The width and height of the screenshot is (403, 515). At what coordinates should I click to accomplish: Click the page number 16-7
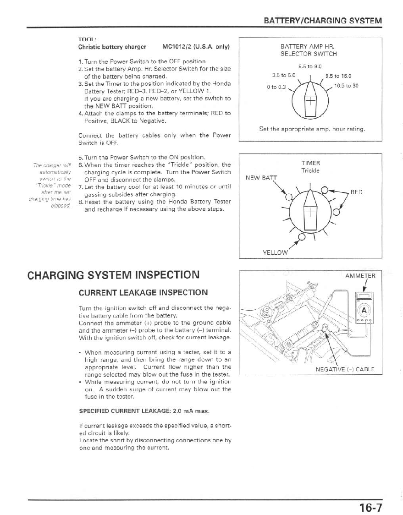tap(370, 507)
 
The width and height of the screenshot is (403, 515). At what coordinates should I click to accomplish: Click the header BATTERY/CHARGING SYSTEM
tap(323, 21)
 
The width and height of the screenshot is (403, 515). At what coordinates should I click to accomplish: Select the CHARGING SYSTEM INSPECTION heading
tap(113, 275)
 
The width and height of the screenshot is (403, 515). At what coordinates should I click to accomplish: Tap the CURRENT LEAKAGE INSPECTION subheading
tap(143, 292)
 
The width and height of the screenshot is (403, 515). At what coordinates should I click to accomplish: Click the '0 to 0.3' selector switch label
tap(276, 87)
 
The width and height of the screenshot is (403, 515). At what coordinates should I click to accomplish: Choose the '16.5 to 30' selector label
tap(346, 86)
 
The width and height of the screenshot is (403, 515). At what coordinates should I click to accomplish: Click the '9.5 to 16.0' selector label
tap(338, 77)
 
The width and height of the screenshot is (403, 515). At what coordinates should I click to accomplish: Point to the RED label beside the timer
tap(357, 192)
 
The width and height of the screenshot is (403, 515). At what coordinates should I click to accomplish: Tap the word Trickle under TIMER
tap(310, 171)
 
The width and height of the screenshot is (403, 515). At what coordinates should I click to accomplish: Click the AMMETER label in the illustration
tap(360, 275)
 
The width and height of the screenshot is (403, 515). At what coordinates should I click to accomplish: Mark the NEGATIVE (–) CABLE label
tap(345, 369)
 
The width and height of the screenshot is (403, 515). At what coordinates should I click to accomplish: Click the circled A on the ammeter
tap(364, 310)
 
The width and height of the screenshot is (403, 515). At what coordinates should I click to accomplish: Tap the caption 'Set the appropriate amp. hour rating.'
tap(312, 129)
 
